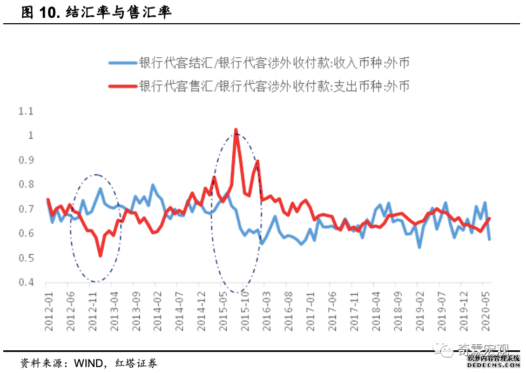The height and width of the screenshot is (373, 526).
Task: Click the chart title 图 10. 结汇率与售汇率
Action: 96,12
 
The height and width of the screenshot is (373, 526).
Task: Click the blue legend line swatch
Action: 123,63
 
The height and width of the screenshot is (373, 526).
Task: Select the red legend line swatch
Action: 123,85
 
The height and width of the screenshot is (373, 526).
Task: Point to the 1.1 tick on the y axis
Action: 25,111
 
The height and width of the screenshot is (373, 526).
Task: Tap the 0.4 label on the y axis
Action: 25,282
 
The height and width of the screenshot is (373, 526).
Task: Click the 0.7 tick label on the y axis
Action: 25,209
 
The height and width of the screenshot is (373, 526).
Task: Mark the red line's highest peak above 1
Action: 236,130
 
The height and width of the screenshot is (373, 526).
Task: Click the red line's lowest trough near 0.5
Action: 100,255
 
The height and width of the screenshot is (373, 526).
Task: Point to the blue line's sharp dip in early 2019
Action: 419,247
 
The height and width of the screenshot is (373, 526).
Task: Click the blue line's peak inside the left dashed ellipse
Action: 100,188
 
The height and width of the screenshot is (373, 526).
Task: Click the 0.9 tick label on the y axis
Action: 25,160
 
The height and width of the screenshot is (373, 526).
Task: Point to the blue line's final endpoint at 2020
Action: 489,239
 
